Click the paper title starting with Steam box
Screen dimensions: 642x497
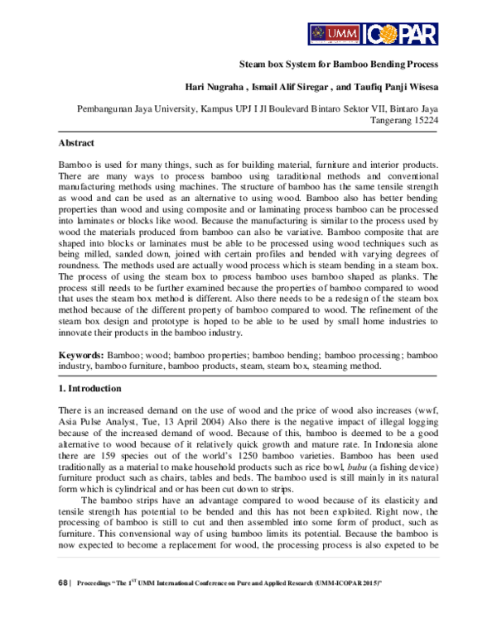pos(339,64)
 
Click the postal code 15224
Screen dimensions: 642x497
pos(424,120)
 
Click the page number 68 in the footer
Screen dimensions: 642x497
pos(63,605)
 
